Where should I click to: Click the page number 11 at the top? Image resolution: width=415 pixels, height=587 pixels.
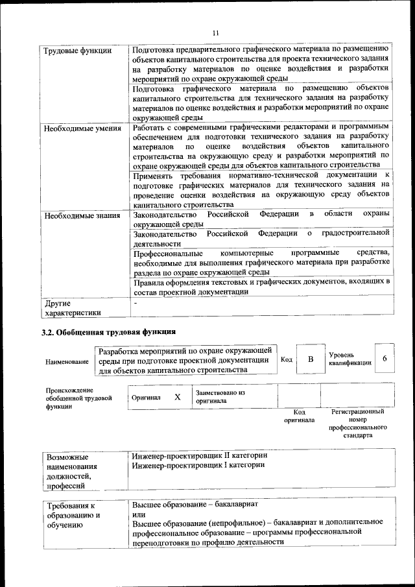215,33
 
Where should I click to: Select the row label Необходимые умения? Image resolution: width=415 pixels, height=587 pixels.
82,128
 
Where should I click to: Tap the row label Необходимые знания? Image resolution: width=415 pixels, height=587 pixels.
82,214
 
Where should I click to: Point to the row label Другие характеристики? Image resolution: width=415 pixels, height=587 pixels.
72,307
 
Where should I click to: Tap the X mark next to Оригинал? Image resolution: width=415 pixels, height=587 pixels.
177,397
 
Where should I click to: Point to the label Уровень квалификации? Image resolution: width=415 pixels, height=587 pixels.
350,359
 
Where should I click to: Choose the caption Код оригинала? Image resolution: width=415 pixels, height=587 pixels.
299,416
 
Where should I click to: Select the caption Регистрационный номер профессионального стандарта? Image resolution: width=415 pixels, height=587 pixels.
357,424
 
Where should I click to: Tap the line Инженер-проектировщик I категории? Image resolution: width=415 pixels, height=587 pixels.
198,465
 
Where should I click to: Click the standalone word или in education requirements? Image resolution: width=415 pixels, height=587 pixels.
138,514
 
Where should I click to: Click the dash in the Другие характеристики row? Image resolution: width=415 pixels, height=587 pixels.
135,303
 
